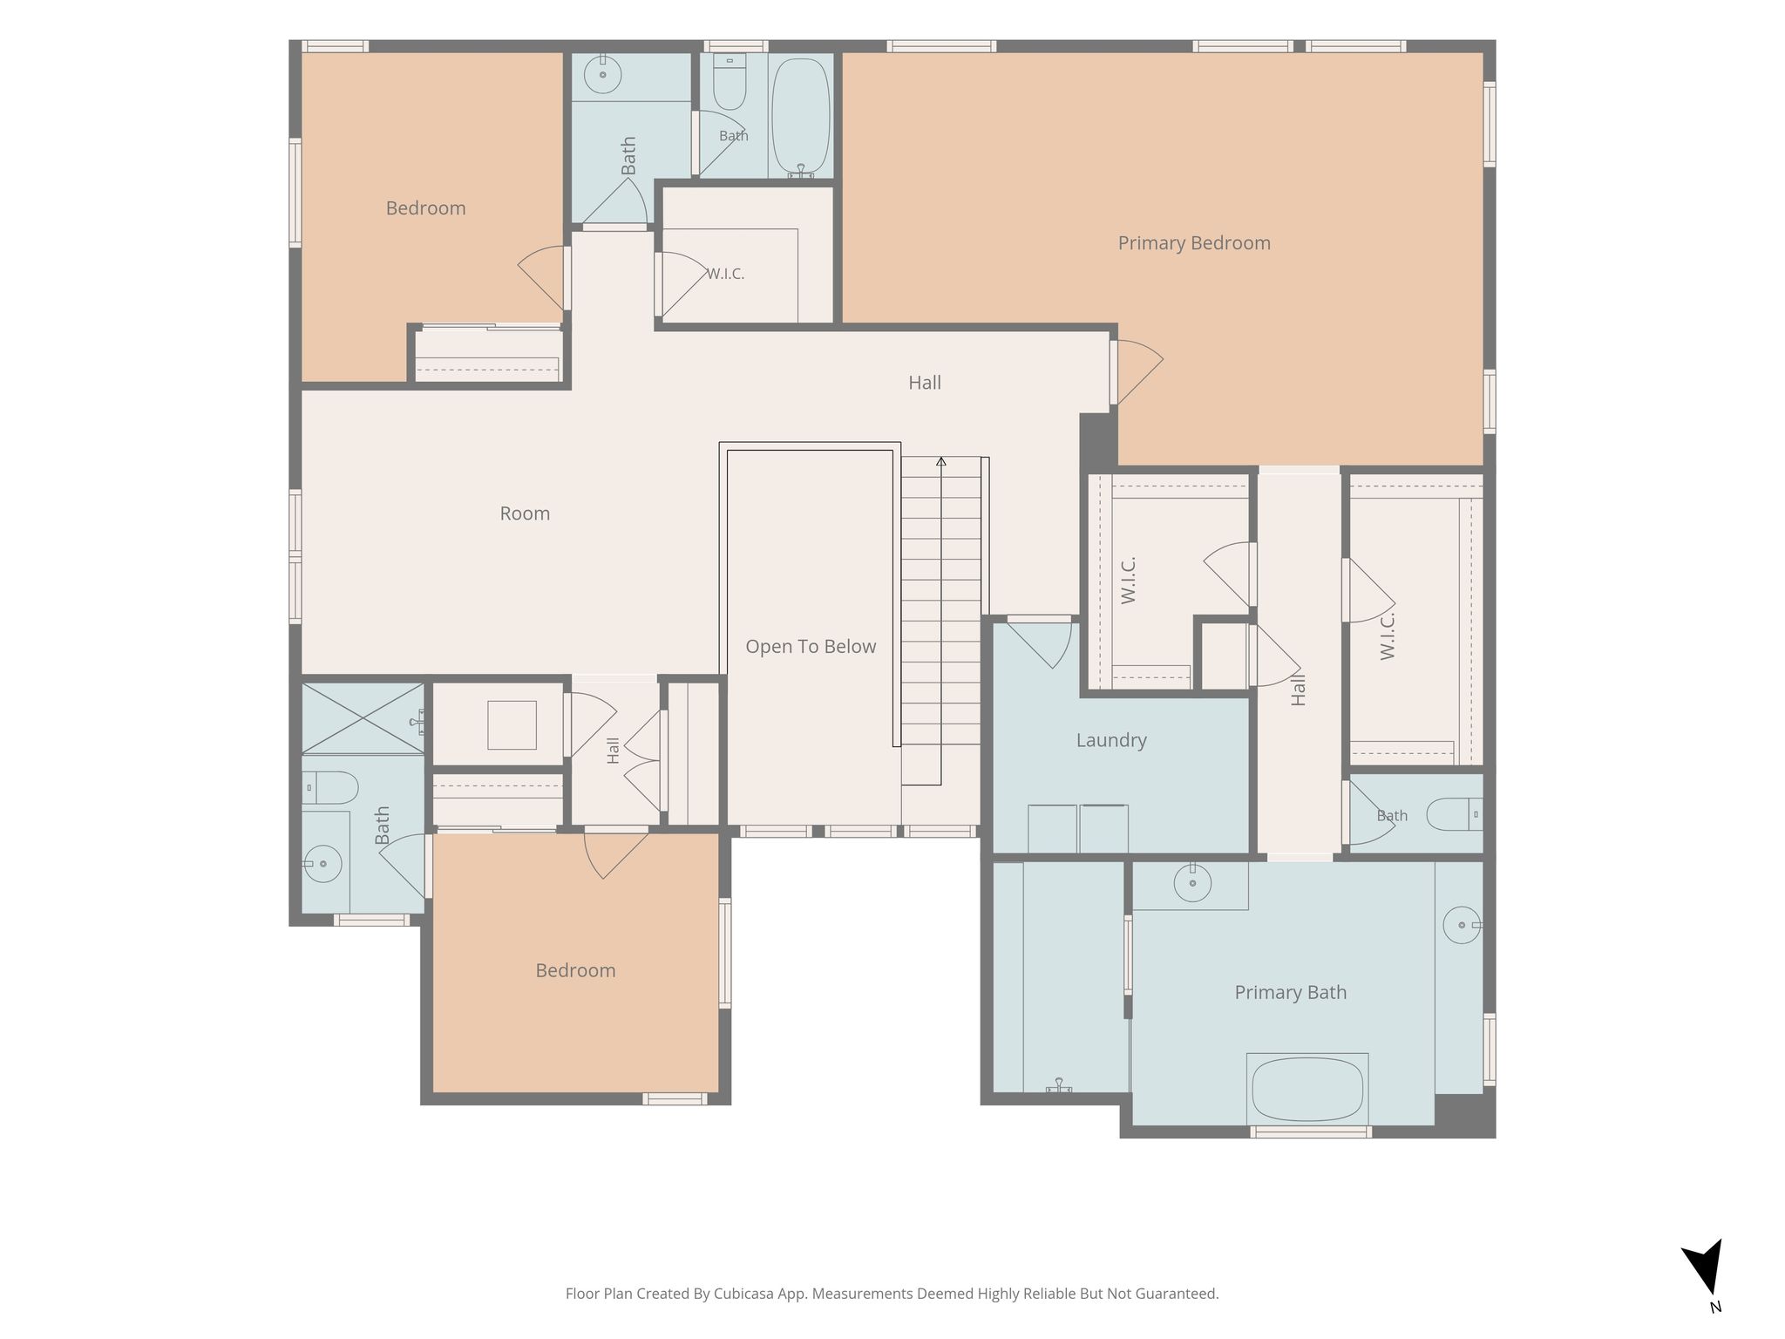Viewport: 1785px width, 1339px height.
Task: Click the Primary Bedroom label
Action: [x=1194, y=243]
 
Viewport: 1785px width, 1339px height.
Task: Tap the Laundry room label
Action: [x=1111, y=740]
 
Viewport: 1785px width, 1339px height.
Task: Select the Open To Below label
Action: [x=811, y=647]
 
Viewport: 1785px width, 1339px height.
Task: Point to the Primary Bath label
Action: [x=1291, y=992]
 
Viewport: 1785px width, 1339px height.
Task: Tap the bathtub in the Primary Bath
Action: [x=1307, y=1089]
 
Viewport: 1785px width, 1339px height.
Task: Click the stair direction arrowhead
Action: [x=941, y=461]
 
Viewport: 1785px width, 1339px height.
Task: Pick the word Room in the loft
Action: [x=525, y=513]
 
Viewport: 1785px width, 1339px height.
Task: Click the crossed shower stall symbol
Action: [x=363, y=719]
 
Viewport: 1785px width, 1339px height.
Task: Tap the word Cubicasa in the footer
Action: [x=745, y=1294]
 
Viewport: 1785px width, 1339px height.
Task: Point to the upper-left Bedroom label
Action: [x=425, y=208]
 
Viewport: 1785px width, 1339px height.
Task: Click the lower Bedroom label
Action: [x=575, y=970]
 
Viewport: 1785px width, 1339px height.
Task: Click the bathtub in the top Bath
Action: [x=800, y=117]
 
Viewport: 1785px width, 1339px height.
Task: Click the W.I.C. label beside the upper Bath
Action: [x=725, y=274]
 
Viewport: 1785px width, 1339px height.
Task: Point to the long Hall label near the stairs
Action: [x=925, y=383]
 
